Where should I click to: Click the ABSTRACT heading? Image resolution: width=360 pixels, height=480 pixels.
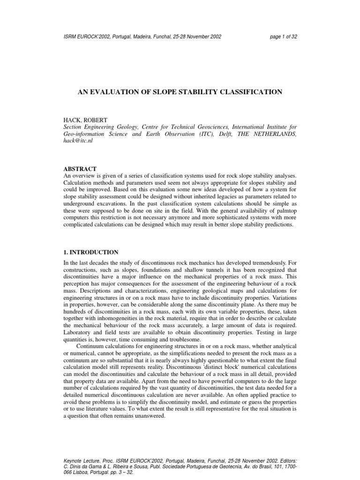(80, 168)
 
